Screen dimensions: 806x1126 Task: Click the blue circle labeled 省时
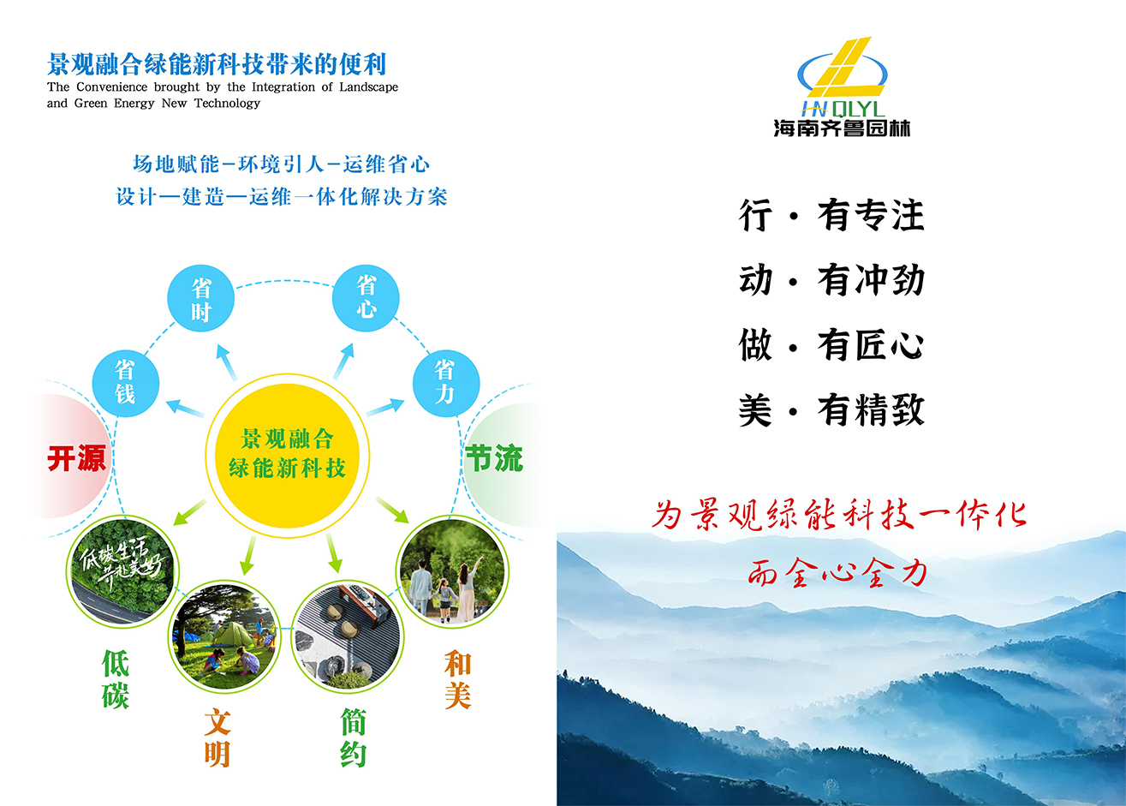click(x=200, y=299)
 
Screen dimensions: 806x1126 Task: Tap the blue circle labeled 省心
click(x=366, y=297)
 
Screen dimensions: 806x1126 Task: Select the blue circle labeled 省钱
click(x=125, y=382)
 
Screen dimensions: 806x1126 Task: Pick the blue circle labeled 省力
click(x=445, y=382)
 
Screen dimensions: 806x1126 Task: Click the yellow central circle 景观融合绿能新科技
click(x=287, y=453)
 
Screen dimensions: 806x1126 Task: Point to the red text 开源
click(x=76, y=458)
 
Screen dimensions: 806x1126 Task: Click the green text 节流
click(x=493, y=458)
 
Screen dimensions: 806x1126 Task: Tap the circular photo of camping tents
click(x=224, y=636)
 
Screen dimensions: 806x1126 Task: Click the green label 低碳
click(x=116, y=679)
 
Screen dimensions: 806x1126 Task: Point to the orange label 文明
click(x=217, y=738)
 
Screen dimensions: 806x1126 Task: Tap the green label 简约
click(x=353, y=738)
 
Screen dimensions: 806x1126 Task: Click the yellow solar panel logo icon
click(x=841, y=68)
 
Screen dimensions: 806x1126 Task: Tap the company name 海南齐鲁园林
click(x=841, y=128)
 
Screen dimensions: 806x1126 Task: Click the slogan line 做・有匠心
click(x=831, y=345)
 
